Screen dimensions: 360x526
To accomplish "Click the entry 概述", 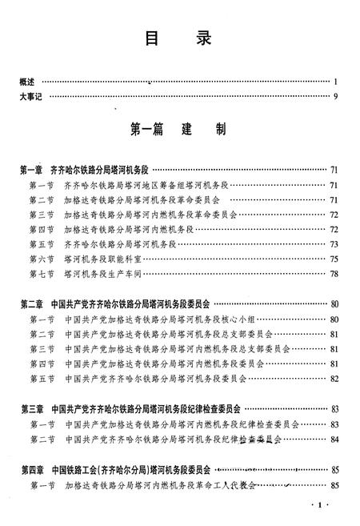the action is tap(27, 82).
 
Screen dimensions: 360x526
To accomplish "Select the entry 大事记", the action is tap(31, 97).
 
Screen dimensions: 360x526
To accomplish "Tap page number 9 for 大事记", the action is tap(337, 97).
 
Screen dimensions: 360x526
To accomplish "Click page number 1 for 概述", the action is tap(338, 82).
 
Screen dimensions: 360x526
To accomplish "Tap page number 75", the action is tap(334, 258).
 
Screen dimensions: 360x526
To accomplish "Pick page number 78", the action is tap(334, 273).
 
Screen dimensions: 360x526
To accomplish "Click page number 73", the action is tap(334, 243).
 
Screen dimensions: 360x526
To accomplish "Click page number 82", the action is tap(334, 377).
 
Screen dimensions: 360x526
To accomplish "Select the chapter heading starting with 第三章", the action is tap(128, 408).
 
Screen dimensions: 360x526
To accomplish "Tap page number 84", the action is tap(334, 439).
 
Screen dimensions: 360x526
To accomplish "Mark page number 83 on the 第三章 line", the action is tap(334, 408).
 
